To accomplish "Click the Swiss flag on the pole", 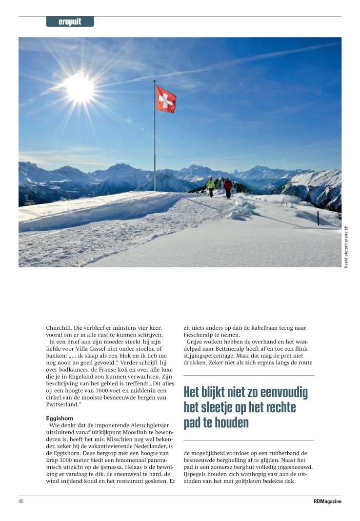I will [x=166, y=99].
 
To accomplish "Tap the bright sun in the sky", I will [x=80, y=87].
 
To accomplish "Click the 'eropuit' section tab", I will [x=70, y=22].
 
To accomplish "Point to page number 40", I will [x=21, y=501].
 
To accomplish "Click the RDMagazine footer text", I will [x=327, y=501].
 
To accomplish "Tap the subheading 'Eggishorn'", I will [x=59, y=418].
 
